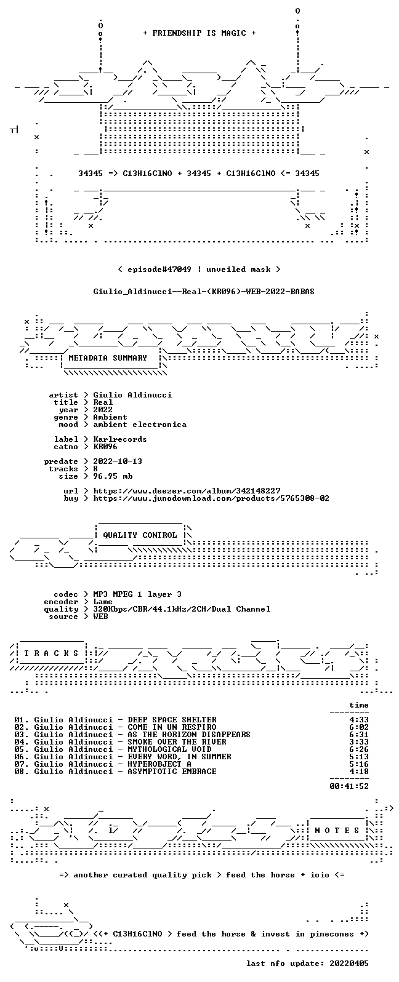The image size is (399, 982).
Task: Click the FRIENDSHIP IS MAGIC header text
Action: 199,33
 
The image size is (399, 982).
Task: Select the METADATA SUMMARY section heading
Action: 108,357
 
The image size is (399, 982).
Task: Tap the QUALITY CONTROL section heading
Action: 140,535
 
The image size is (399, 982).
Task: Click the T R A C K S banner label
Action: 51,653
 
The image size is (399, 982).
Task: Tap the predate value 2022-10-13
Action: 118,461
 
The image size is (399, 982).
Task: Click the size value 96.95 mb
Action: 113,476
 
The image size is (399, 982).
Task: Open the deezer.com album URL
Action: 187,490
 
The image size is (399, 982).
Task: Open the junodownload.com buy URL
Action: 211,498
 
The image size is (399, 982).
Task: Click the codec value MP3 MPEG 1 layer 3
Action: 137,594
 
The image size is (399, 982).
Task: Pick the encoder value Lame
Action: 103,602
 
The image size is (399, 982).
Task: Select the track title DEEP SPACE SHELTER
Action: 172,719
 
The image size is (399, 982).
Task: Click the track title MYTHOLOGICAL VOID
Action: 169,749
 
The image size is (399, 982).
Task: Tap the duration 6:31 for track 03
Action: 358,734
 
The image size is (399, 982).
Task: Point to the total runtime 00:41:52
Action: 349,786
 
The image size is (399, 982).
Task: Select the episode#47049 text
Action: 159,269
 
